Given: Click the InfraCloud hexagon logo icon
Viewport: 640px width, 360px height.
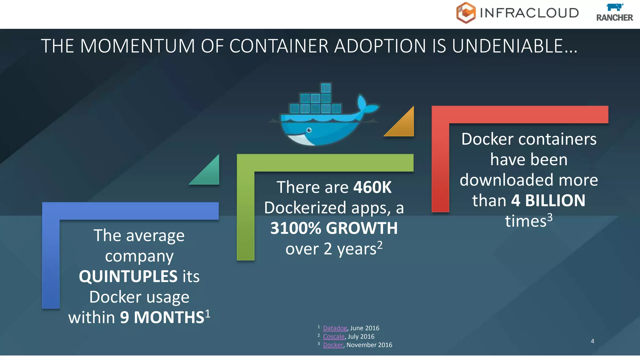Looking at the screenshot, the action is click(466, 13).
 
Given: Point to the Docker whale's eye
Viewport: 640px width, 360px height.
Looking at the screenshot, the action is click(309, 130).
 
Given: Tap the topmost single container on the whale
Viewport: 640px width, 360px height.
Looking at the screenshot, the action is click(326, 88).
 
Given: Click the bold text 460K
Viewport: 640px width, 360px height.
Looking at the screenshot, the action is click(372, 187).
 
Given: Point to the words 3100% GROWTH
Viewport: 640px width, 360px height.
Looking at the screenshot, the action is click(334, 228).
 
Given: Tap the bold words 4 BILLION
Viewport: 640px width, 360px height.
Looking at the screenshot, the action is click(548, 201).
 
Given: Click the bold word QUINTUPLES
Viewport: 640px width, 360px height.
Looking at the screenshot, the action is click(128, 277).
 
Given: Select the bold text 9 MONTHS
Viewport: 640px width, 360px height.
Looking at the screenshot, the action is click(162, 317).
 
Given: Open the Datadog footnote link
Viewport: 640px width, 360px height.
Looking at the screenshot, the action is click(335, 328).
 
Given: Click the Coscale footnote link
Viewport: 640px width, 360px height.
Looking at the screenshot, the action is click(333, 337).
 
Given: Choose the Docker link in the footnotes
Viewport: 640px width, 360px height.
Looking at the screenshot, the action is click(333, 345).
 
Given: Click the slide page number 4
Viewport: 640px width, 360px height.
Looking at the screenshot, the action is click(592, 341).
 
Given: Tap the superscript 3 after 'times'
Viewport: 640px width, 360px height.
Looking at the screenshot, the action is click(550, 217).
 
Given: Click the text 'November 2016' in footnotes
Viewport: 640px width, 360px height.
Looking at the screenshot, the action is click(369, 345).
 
